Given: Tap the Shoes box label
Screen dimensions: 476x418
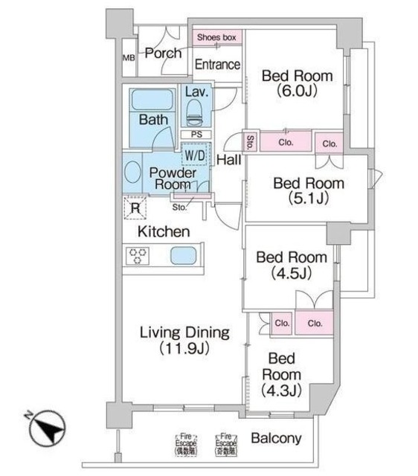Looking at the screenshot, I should point(216,36).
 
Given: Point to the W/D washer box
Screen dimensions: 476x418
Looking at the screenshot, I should point(195,155).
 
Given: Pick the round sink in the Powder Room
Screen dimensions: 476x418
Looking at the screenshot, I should point(132,173).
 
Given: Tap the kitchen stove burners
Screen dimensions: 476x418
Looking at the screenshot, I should point(139,257).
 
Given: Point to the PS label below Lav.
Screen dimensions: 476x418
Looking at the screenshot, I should point(196,135).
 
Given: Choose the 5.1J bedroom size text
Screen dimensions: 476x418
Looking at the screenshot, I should point(307,199).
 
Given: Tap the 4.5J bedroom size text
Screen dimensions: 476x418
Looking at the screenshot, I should point(292,273).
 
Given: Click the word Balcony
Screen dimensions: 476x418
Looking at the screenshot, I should point(276,438).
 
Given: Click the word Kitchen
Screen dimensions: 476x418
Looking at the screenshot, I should point(164,232).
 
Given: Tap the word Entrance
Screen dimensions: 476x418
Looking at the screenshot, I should point(216,65).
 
